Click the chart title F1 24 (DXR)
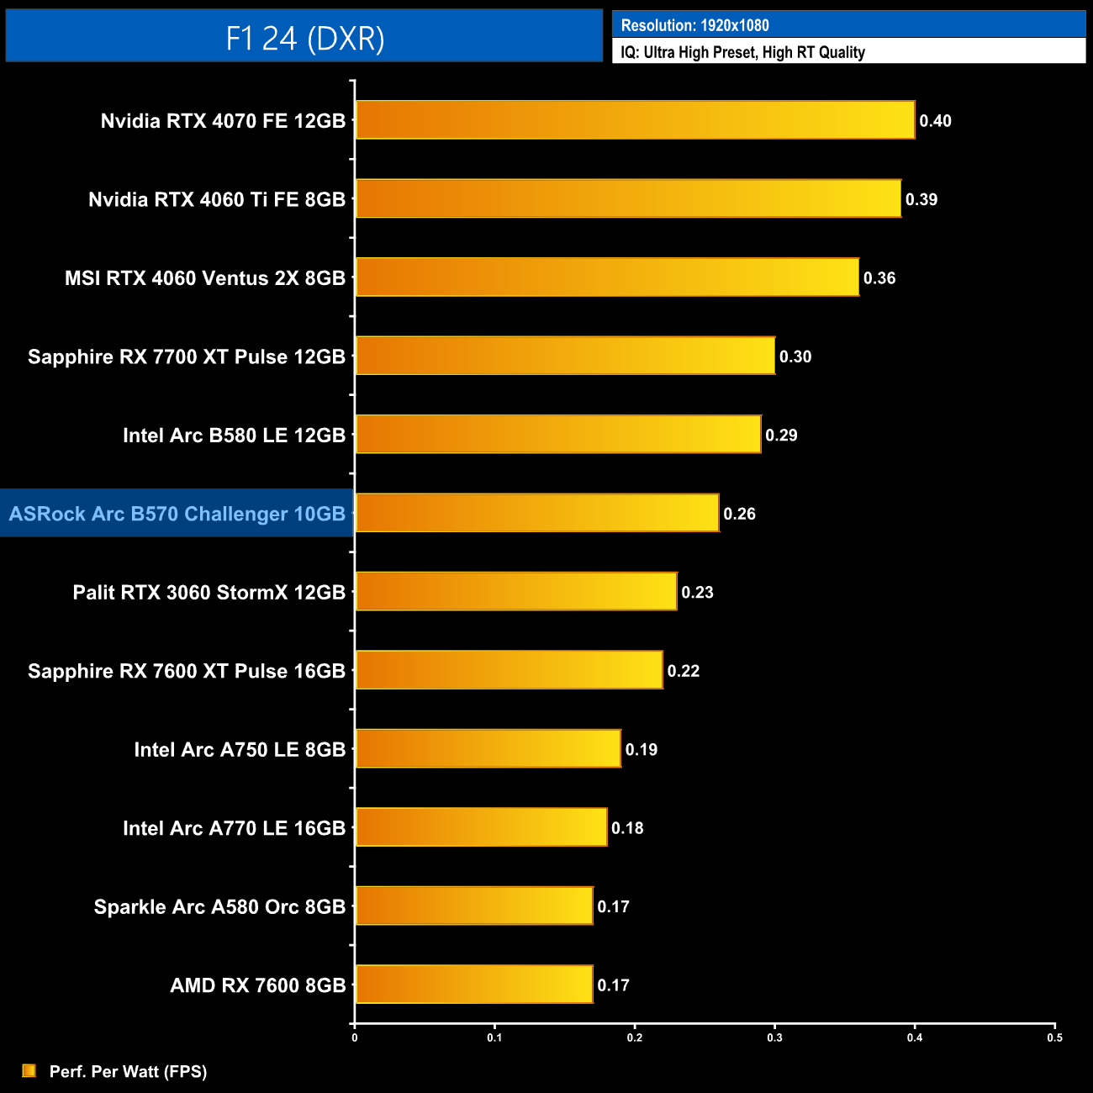coord(304,38)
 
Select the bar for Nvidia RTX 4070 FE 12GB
coord(635,120)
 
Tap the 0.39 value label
coord(921,199)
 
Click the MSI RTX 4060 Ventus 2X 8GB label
coord(205,278)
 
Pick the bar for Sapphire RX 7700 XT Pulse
coord(565,356)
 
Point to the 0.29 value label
coord(781,436)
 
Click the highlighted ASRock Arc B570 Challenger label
coord(177,514)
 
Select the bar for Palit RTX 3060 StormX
coord(515,592)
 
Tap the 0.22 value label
coord(683,671)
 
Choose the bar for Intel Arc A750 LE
coord(488,749)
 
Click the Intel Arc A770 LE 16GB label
coord(234,828)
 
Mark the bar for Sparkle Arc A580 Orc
coord(474,906)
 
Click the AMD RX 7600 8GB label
coord(257,985)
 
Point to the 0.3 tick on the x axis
coord(774,1038)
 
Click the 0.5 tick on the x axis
coord(1054,1038)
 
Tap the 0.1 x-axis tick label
coord(494,1038)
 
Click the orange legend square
coord(29,1070)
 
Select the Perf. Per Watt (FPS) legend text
coord(128,1071)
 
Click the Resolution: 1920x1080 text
coord(694,25)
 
